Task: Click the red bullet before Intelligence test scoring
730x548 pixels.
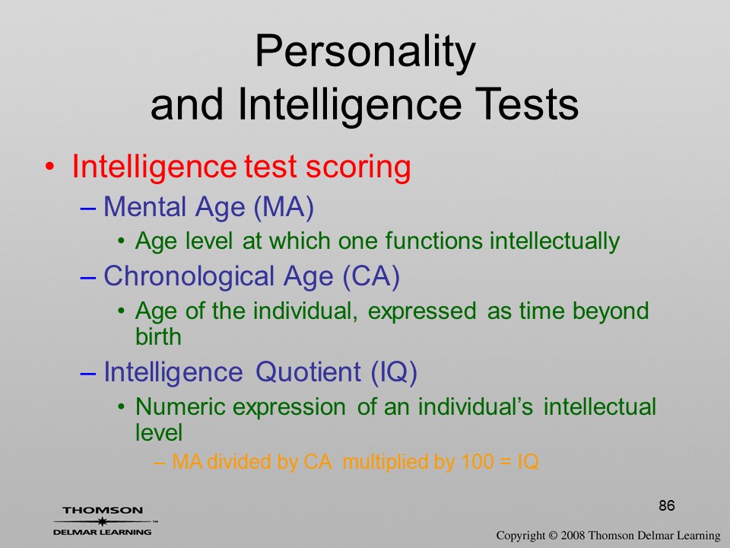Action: pos(50,167)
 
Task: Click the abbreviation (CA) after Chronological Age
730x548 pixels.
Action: pos(371,276)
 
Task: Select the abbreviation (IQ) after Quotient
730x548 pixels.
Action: pos(394,372)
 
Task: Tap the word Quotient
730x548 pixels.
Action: pos(308,372)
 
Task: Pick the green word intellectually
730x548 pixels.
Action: pos(554,241)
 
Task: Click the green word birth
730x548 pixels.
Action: pos(158,336)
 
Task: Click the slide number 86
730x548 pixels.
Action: pos(667,505)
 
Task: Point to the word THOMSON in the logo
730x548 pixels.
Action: pos(103,510)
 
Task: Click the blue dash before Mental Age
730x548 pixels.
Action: pos(88,209)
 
